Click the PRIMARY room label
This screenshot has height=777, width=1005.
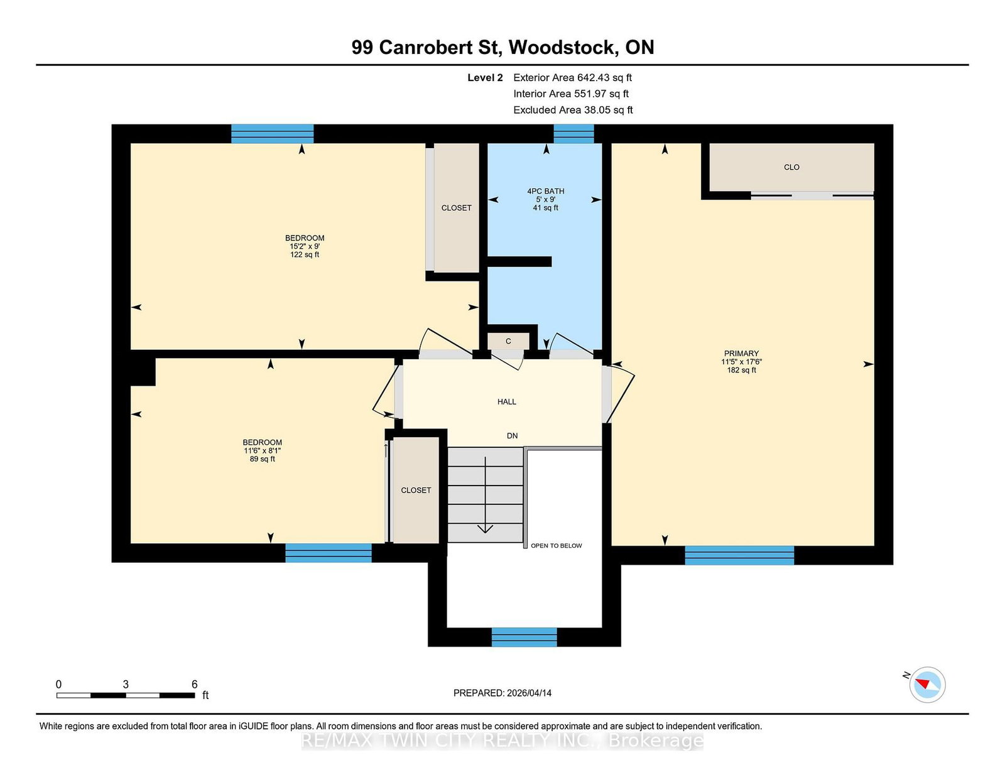coord(741,354)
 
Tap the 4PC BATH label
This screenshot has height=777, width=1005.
coord(546,191)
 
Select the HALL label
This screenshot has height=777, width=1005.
coord(507,401)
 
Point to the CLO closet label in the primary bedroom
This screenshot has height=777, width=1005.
coord(792,167)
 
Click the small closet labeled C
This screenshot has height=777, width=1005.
coord(508,341)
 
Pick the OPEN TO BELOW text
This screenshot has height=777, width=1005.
coord(557,546)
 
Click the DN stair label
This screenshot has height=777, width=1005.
coord(512,436)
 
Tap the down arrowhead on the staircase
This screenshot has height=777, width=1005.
coord(485,528)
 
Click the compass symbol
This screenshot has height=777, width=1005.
coord(927,685)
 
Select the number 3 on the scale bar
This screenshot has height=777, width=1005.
coord(126,685)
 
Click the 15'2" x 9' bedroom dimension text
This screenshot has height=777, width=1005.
coord(305,246)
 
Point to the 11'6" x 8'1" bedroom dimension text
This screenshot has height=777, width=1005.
coord(262,450)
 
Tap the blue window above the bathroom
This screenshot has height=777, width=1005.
coord(573,134)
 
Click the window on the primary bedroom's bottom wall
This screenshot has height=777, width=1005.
coord(739,555)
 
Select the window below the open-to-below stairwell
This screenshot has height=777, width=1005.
coord(524,637)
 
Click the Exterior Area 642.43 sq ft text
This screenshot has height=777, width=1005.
coord(573,78)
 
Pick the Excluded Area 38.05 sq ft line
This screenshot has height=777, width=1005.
coord(573,110)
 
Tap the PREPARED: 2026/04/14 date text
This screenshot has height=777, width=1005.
coord(503,693)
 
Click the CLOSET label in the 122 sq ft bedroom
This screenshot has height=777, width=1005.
coord(457,208)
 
